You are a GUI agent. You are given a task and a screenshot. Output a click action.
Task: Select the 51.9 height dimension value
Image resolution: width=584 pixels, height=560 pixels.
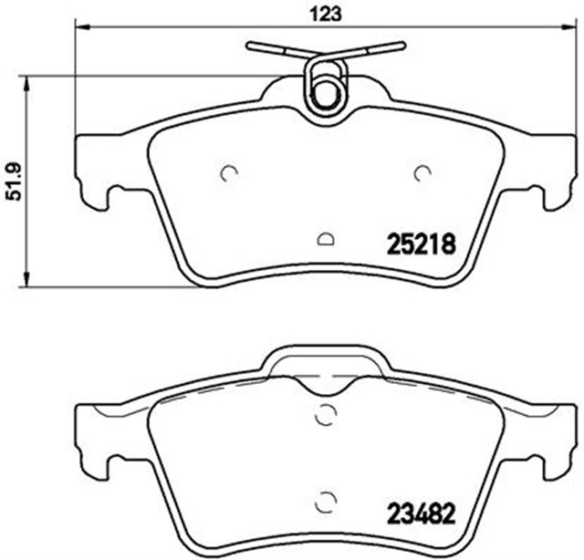point(13,181)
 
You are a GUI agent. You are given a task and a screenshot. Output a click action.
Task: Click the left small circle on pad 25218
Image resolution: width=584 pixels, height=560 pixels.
point(229,171)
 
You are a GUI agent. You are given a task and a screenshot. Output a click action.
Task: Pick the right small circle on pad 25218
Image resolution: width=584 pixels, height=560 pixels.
point(422,171)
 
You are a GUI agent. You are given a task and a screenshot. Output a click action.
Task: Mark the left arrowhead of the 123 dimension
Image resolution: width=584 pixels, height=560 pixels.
point(78,27)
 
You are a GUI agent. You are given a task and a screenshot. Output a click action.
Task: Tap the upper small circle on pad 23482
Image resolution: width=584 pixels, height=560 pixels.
point(325,415)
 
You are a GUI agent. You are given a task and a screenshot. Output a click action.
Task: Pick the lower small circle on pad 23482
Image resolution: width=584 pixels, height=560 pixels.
point(325,501)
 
